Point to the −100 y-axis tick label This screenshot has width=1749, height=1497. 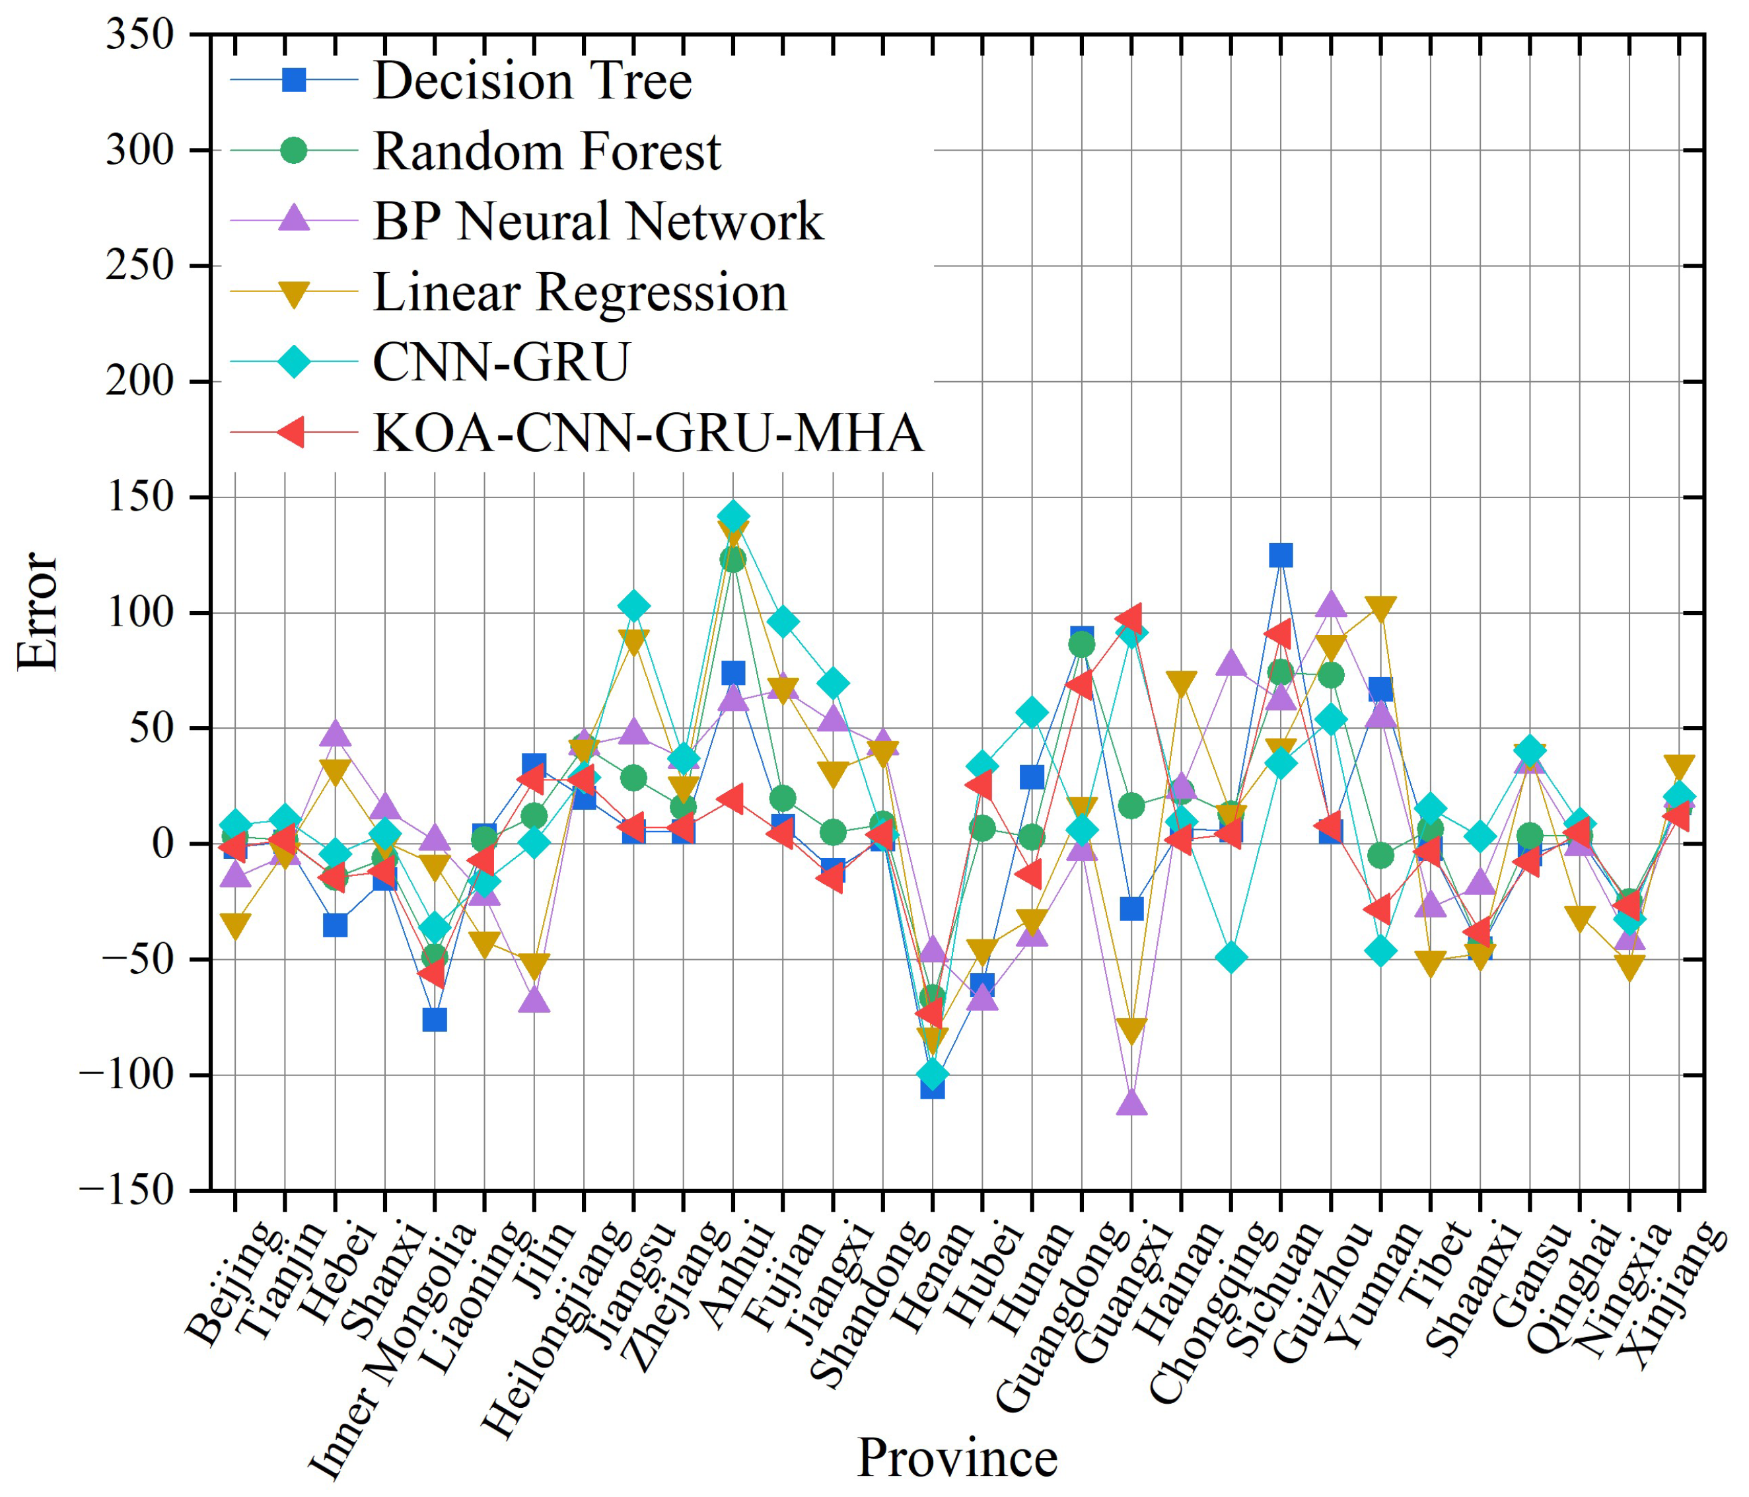[x=127, y=1075]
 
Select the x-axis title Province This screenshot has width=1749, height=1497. [x=957, y=1457]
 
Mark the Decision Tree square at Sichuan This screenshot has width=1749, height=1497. [x=1281, y=555]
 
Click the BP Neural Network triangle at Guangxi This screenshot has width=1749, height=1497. [x=1131, y=1103]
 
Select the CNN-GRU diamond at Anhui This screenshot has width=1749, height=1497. [x=732, y=516]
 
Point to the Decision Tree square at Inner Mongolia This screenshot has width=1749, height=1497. [x=434, y=1020]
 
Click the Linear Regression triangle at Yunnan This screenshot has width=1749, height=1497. [x=1380, y=608]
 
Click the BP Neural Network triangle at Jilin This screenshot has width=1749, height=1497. [x=534, y=1000]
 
